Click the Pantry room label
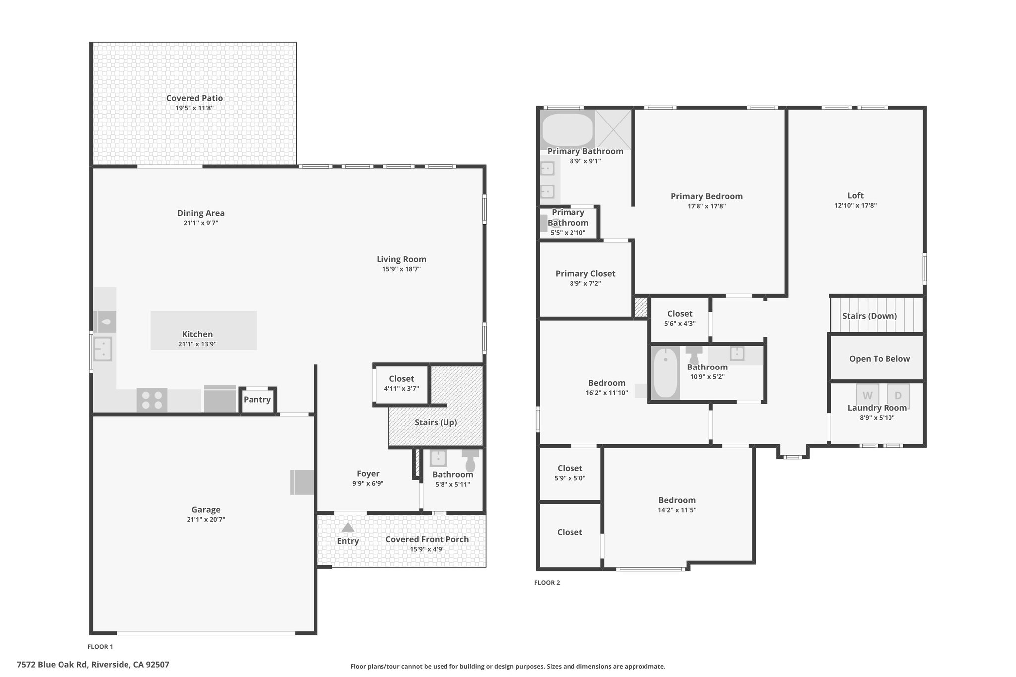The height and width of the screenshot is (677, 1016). point(257,400)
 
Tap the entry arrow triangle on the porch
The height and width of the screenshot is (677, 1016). point(348,527)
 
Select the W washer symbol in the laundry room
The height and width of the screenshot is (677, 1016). point(867,395)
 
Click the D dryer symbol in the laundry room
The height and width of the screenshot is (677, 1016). point(898,395)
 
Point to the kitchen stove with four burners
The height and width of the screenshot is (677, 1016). point(152,400)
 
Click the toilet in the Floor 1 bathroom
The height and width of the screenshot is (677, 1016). point(470,460)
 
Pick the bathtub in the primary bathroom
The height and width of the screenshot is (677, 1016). point(568,130)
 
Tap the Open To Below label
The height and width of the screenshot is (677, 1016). point(880,359)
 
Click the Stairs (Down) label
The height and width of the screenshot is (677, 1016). point(870,316)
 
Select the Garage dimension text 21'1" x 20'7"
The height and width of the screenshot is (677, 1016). point(206,520)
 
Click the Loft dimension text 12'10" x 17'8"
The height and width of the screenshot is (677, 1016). point(855,205)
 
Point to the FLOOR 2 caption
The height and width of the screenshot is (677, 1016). point(547,583)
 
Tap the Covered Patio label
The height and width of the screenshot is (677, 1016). point(194,98)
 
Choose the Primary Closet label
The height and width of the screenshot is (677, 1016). point(585,274)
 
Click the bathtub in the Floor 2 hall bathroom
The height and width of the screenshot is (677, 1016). point(665,373)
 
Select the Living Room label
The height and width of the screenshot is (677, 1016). point(401,259)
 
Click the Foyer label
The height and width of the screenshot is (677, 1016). point(368,474)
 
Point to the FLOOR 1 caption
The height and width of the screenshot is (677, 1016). point(100,647)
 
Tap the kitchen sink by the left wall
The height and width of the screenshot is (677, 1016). point(103,349)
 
